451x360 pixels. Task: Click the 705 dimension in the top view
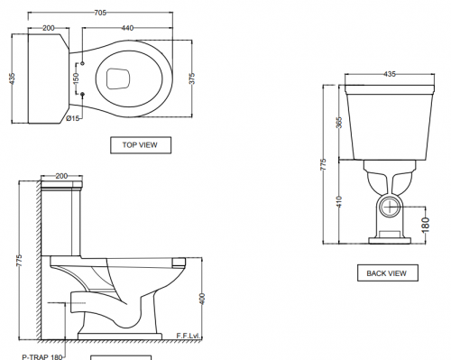click(100, 13)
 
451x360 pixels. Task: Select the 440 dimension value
click(127, 28)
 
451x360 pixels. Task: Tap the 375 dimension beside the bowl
click(192, 78)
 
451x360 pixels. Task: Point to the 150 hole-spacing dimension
click(76, 78)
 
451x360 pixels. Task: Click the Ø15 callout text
click(73, 118)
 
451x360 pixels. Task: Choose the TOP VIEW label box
click(141, 145)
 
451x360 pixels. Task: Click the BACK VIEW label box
click(388, 273)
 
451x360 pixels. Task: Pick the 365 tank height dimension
click(339, 123)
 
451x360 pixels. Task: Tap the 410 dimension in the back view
click(339, 201)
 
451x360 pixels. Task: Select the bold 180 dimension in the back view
click(426, 225)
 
